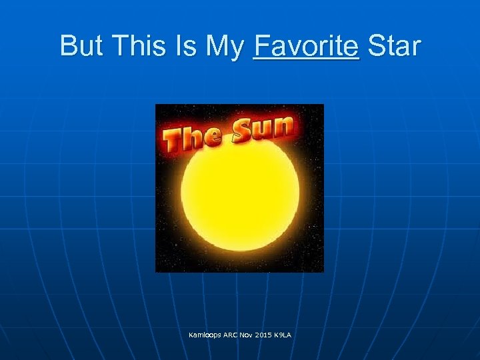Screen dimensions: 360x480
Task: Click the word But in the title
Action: pos(81,46)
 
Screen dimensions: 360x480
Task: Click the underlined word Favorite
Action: pos(306,46)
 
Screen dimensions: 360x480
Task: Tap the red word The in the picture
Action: pos(193,137)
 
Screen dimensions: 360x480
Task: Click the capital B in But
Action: pos(68,46)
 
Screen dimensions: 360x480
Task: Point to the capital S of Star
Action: pos(377,46)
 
